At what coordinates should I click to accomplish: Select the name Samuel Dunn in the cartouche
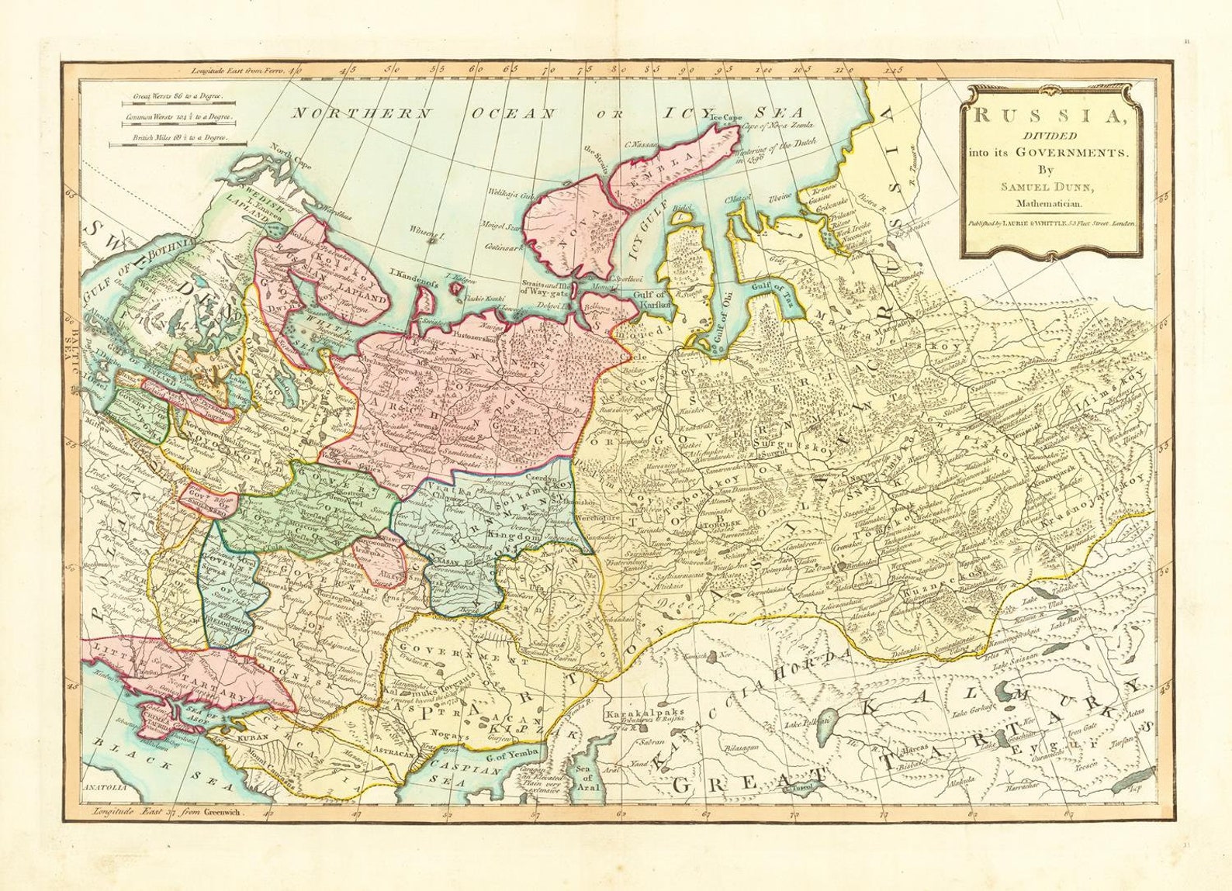(x=1048, y=187)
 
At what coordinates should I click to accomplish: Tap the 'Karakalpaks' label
(x=636, y=712)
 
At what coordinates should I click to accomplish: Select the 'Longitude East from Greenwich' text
(x=168, y=812)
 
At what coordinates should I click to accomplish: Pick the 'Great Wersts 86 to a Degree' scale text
(x=177, y=96)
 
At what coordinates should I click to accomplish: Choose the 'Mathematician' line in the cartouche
(x=1049, y=204)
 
